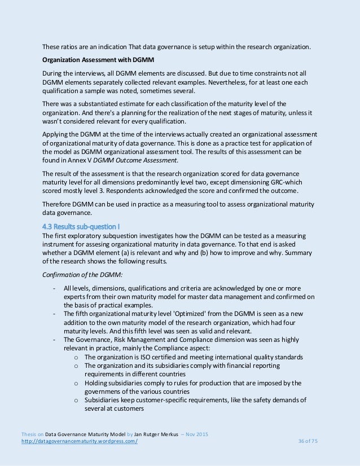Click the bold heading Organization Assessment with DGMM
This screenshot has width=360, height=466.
click(93, 60)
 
